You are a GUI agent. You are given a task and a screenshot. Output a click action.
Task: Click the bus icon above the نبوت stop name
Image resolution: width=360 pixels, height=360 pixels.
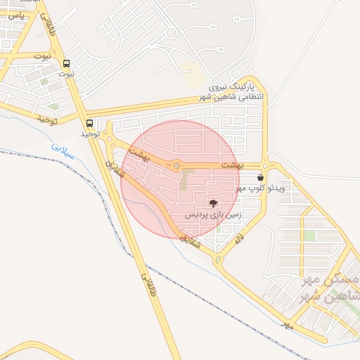(x=67, y=63)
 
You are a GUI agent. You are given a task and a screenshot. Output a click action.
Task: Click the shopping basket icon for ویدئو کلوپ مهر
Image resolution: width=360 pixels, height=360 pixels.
(x=260, y=178)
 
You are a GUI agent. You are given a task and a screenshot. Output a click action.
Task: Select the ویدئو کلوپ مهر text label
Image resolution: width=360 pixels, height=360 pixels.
(x=260, y=188)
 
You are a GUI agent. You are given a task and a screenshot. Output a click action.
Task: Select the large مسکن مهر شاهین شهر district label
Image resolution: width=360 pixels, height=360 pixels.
(x=327, y=288)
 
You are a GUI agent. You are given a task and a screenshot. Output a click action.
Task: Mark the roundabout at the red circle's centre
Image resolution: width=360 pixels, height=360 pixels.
(x=177, y=166)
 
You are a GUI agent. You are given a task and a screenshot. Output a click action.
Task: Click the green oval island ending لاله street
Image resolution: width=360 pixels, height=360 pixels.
(x=217, y=261)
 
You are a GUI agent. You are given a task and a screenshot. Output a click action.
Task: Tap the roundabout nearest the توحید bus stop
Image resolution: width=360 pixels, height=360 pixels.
(x=108, y=138)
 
